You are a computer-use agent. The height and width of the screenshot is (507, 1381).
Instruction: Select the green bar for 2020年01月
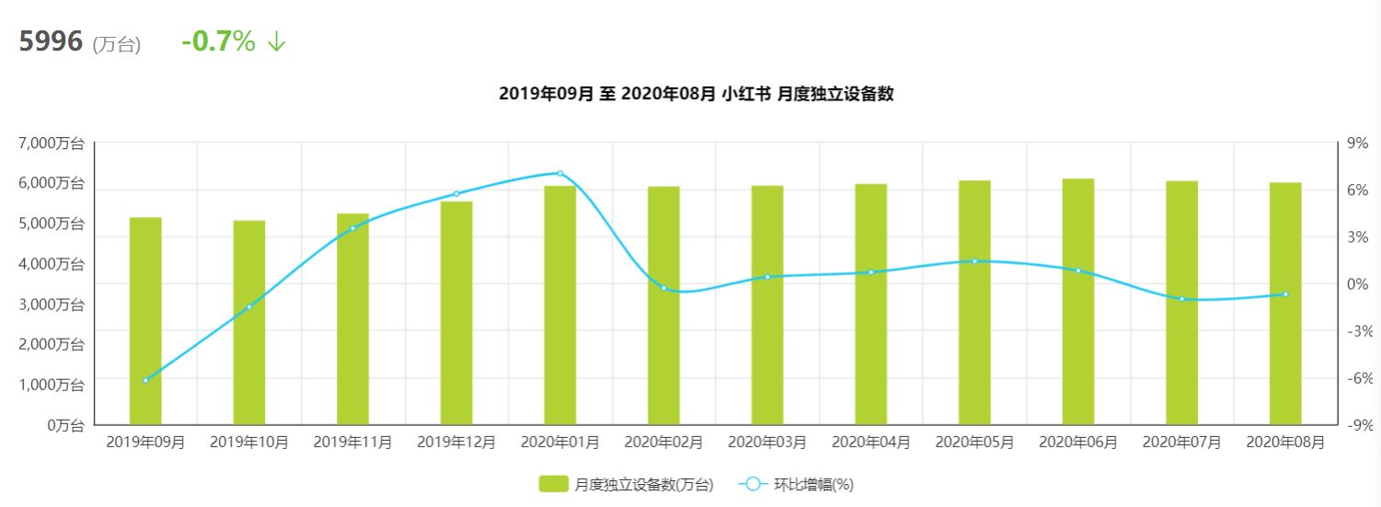[559, 305]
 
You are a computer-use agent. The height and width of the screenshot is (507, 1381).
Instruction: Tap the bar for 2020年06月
[1078, 301]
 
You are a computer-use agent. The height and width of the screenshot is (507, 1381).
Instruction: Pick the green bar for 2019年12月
[456, 313]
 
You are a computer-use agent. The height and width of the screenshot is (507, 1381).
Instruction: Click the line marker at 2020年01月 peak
[559, 173]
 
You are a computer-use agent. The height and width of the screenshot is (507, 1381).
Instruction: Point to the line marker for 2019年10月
[249, 306]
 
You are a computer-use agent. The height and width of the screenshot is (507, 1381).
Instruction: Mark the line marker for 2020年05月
[974, 261]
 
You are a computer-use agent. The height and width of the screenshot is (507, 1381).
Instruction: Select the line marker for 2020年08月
[1285, 294]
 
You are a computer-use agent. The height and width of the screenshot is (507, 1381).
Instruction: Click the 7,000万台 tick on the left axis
[52, 144]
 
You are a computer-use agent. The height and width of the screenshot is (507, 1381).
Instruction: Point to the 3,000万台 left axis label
[52, 305]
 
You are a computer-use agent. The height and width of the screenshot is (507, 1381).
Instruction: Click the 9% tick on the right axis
[1357, 144]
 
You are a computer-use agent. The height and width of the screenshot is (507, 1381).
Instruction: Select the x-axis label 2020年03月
[767, 443]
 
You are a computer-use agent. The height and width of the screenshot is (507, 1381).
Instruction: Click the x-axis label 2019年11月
[352, 443]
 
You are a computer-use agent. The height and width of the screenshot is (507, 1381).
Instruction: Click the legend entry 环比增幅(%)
[800, 484]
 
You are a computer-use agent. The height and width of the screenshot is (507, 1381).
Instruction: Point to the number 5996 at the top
[51, 41]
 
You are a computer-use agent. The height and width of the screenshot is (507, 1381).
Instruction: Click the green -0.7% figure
[218, 41]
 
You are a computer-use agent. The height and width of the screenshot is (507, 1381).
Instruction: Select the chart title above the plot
[696, 94]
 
